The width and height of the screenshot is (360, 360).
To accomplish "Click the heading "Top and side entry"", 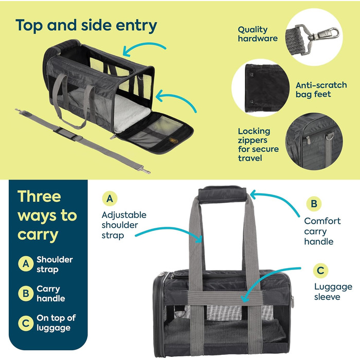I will pyautogui.click(x=86, y=26).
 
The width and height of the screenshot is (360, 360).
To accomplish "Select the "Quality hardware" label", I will pyautogui.click(x=258, y=34).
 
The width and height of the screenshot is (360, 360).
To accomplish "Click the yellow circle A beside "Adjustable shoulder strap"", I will pyautogui.click(x=109, y=199).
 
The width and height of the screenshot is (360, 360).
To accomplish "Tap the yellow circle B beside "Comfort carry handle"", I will pyautogui.click(x=313, y=204).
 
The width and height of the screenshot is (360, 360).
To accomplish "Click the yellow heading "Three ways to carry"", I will pyautogui.click(x=47, y=216).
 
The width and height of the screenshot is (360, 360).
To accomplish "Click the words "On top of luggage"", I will pyautogui.click(x=56, y=322).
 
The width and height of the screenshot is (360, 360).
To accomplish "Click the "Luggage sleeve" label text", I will pyautogui.click(x=333, y=292).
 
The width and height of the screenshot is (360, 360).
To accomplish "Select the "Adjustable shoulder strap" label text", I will pyautogui.click(x=123, y=225).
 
